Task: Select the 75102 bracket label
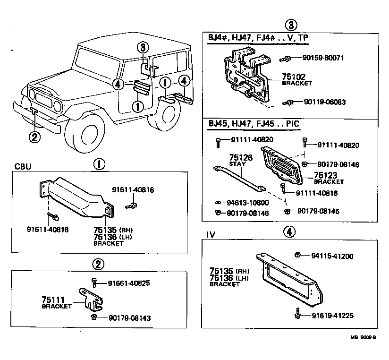294,77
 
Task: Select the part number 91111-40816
317,193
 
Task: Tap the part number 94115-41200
332,256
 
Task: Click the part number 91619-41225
332,315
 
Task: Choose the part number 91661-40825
129,283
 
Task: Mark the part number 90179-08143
129,318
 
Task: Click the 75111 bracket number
53,300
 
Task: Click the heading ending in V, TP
259,37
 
